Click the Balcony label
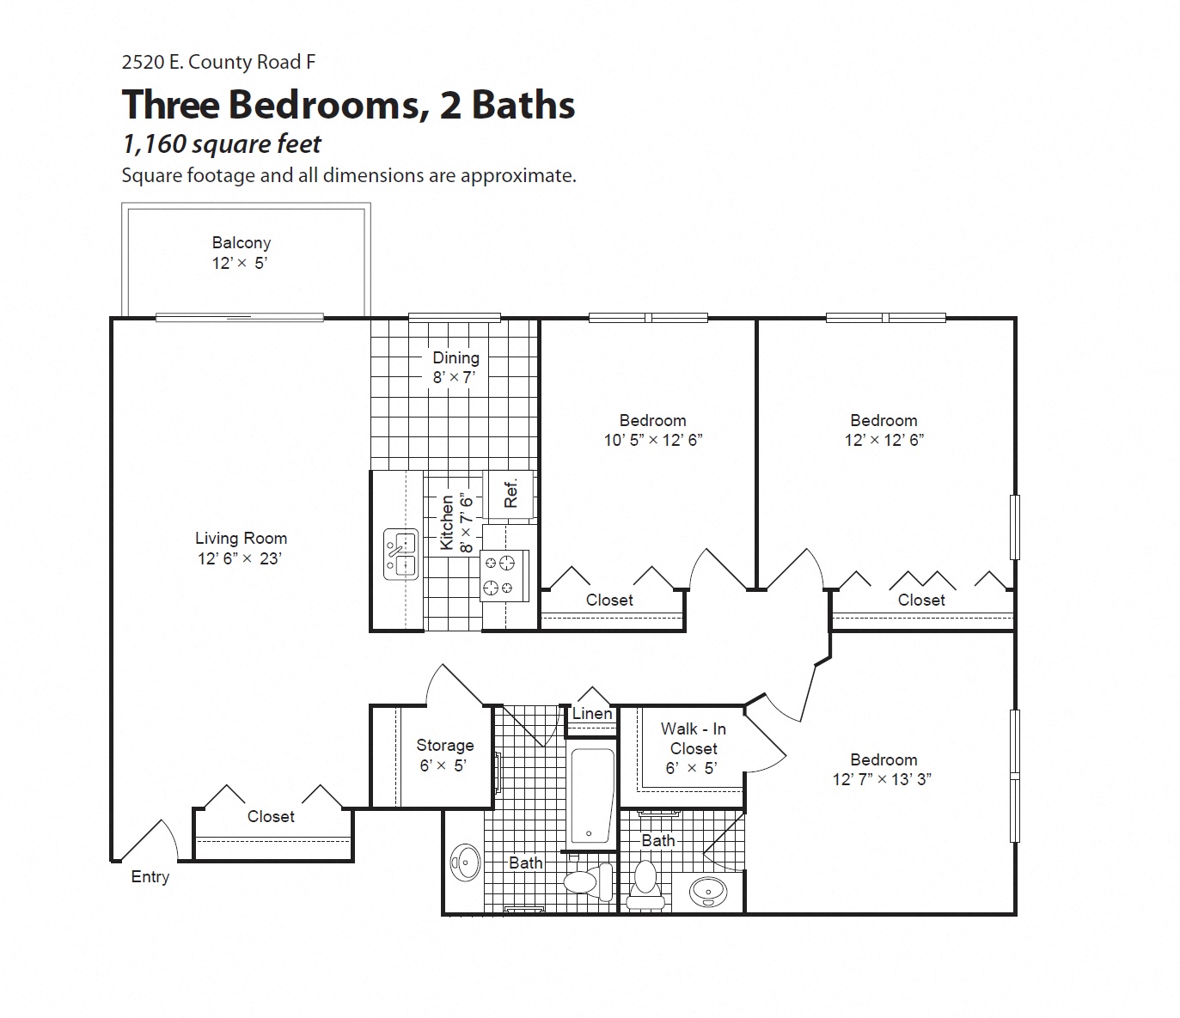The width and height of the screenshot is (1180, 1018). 242,243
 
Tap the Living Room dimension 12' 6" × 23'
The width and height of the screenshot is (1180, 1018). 240,558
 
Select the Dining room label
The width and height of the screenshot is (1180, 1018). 455,357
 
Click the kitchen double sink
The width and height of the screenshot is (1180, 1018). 400,553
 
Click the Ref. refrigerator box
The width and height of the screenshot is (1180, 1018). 511,493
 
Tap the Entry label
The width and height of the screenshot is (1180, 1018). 150,876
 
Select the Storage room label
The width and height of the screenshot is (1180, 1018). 444,745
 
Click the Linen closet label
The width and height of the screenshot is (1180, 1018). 592,713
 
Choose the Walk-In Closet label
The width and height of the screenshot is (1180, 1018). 693,739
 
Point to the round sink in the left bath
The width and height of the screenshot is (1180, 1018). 466,862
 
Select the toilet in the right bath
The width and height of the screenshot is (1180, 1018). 645,885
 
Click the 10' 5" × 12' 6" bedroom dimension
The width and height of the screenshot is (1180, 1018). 653,440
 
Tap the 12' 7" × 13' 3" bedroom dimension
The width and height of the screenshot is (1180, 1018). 883,779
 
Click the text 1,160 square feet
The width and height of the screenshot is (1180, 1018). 222,143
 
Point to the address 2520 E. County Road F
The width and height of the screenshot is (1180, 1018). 218,62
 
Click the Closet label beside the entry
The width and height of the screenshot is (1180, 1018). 271,816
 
